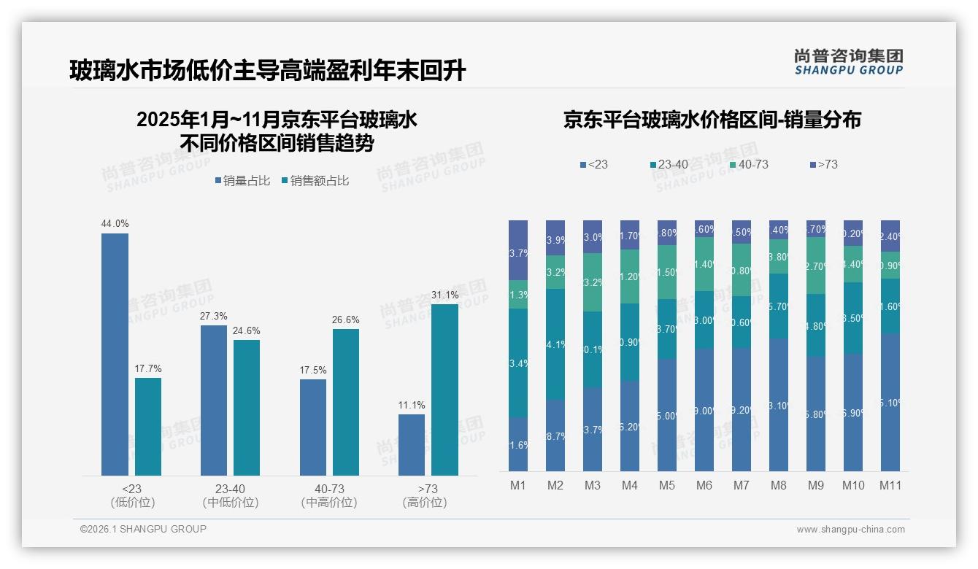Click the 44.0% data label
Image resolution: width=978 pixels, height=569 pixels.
(x=115, y=224)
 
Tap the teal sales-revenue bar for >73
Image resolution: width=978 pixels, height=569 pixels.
(x=444, y=390)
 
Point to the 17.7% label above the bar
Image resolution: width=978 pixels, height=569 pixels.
(x=148, y=368)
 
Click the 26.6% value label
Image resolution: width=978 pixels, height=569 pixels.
(x=346, y=320)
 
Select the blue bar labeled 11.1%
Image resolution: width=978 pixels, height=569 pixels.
(x=412, y=444)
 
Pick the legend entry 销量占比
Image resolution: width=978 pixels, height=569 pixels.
(x=245, y=181)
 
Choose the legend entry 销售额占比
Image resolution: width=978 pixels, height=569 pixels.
(x=315, y=181)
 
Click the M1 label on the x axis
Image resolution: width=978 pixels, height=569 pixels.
(x=517, y=485)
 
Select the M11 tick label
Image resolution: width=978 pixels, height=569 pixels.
(x=890, y=485)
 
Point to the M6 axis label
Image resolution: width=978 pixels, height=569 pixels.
(x=704, y=485)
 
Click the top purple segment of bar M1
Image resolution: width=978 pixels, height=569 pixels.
(x=518, y=249)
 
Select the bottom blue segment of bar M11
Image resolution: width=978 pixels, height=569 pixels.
(x=890, y=402)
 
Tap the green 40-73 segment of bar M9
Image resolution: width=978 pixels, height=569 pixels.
(x=815, y=265)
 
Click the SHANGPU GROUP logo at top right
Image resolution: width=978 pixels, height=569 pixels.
(x=848, y=62)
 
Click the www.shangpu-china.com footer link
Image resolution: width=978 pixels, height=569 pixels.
(x=850, y=530)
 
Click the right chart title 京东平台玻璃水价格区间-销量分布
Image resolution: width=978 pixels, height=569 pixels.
(x=712, y=120)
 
